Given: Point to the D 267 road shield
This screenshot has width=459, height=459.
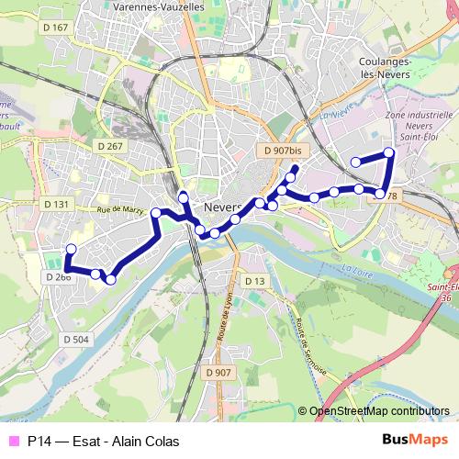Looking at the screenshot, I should coord(108,146).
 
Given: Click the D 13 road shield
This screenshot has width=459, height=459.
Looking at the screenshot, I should coord(254,280).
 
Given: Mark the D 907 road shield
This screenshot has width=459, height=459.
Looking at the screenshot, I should coord(218,372).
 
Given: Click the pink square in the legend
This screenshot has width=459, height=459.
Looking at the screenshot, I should coord(13,441).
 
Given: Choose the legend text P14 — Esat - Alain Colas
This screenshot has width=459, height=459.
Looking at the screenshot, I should coord(103,441).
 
